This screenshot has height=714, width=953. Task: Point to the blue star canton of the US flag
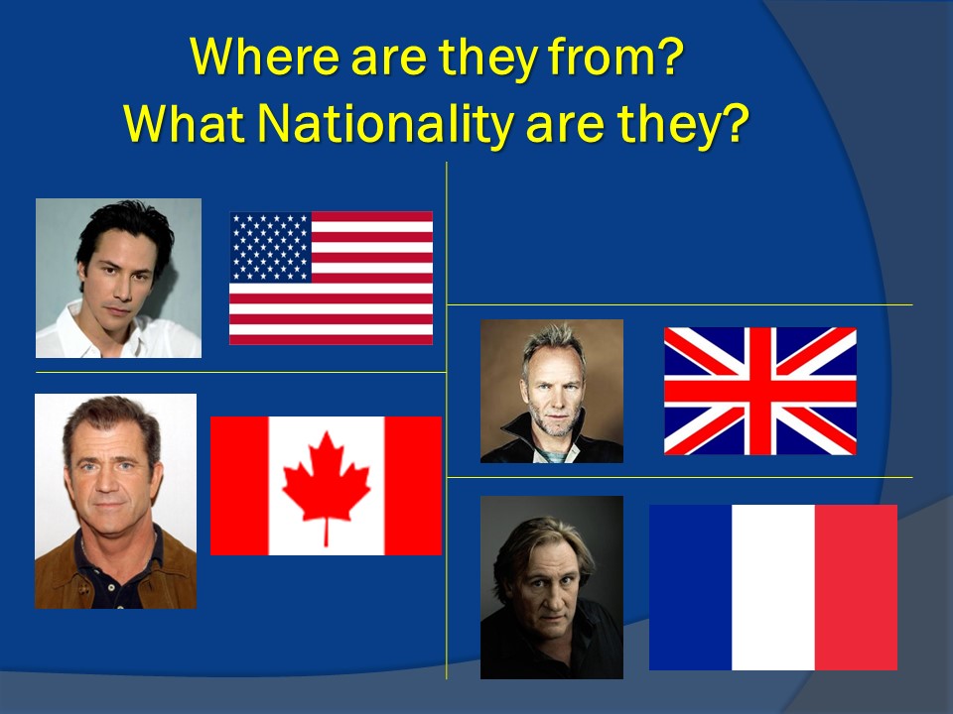(x=271, y=247)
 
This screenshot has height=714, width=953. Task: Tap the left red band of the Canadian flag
(x=239, y=486)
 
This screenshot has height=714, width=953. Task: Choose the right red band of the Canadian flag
(x=413, y=486)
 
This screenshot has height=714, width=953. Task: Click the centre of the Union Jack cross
(x=760, y=391)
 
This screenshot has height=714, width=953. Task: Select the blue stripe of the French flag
(x=691, y=587)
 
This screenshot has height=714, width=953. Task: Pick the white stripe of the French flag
(x=773, y=587)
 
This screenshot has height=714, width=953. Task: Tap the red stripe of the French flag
(x=856, y=587)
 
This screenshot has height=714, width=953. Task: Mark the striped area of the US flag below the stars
(x=332, y=313)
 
